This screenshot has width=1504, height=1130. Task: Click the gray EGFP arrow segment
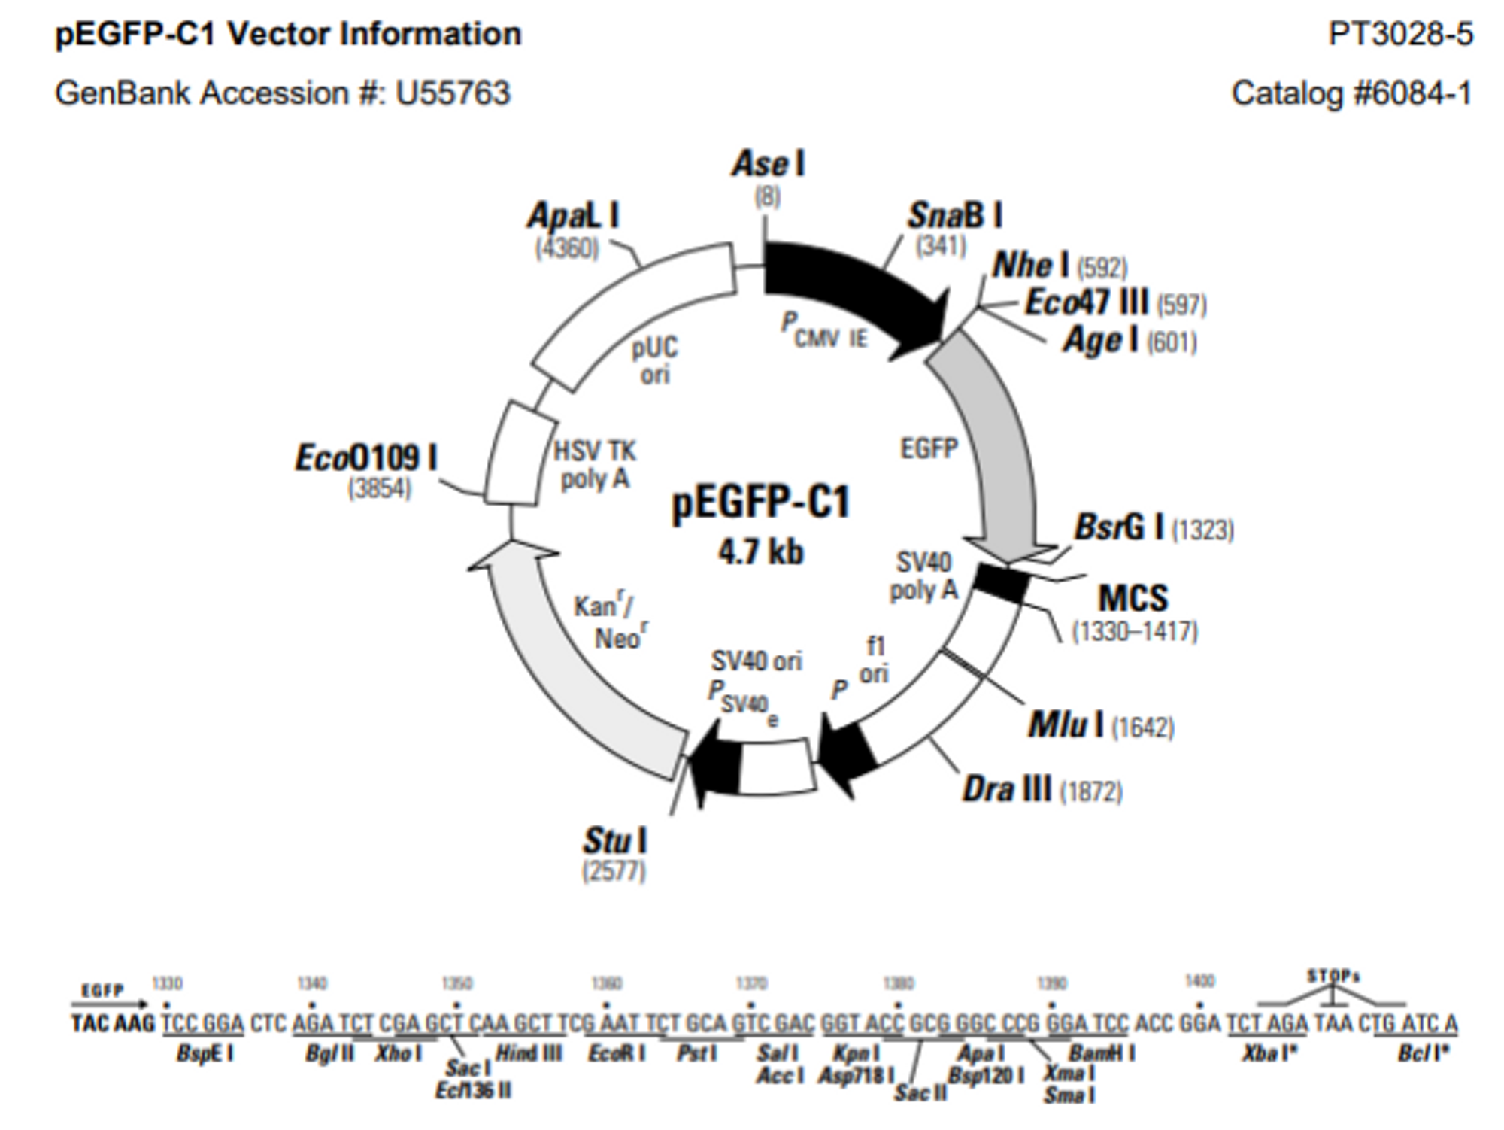993,436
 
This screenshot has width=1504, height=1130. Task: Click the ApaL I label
573,217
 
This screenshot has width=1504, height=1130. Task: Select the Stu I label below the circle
615,841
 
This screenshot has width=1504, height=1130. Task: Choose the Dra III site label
1007,790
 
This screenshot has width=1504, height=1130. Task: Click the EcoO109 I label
366,457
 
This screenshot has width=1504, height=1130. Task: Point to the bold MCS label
1133,598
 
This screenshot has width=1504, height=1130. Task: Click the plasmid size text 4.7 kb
760,552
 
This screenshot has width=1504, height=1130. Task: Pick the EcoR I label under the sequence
617,1053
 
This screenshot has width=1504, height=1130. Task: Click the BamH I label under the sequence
1101,1053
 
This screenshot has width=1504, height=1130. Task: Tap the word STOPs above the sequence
1333,977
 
